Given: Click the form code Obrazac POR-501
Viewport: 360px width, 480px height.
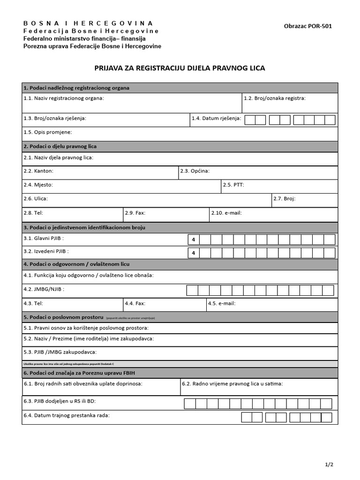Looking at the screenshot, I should [x=308, y=26].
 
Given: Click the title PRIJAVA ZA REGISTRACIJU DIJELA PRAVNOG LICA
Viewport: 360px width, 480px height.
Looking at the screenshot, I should [x=180, y=68].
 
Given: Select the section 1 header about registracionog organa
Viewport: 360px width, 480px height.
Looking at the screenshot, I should [x=76, y=88].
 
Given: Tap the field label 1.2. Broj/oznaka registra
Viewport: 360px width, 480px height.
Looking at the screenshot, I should [x=275, y=98].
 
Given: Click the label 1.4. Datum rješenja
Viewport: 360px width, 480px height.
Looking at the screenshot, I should [x=216, y=118].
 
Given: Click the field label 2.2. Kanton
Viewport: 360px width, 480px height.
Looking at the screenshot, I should [x=38, y=171].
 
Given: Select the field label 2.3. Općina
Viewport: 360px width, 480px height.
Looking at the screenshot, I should [x=195, y=171].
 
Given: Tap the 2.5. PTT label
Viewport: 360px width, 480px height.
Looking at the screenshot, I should [x=233, y=185].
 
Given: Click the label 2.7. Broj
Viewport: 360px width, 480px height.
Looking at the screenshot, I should [x=284, y=199].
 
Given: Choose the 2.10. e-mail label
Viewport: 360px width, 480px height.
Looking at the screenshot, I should [x=226, y=213].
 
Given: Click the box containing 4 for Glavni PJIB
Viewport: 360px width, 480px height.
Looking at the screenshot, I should [x=193, y=240].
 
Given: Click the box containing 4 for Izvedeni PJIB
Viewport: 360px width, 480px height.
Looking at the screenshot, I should [x=193, y=253].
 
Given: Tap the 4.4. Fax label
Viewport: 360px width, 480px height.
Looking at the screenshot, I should [x=135, y=303].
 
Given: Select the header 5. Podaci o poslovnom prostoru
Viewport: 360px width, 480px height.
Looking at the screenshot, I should [x=63, y=317].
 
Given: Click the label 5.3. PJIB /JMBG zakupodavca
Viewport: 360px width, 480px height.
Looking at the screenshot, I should [x=60, y=352].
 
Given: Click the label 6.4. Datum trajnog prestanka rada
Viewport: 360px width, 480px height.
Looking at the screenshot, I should [x=67, y=415].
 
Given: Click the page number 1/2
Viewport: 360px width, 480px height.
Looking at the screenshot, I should [x=329, y=465].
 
